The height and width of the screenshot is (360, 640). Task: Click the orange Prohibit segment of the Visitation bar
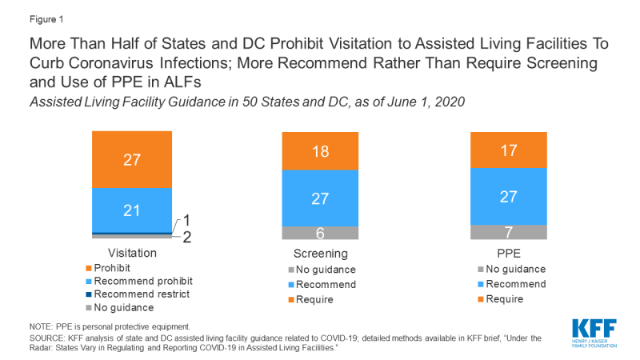[x=132, y=159]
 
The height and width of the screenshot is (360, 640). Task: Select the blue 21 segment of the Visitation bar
[x=132, y=210]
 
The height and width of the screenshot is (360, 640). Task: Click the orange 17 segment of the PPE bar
[x=507, y=150]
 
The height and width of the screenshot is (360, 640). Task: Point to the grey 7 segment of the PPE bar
[x=507, y=232]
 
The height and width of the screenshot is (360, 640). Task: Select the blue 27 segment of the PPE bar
[x=507, y=196]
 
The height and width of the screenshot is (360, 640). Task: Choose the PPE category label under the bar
[x=507, y=252]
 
